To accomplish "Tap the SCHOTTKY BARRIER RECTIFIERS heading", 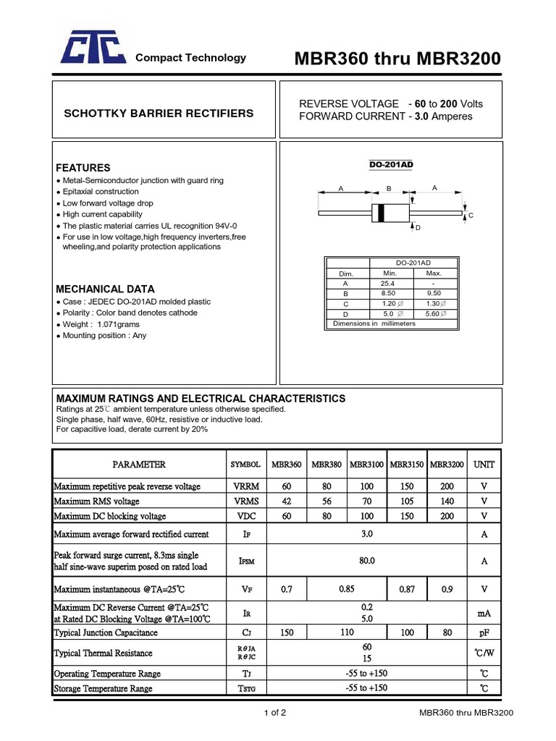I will [159, 114].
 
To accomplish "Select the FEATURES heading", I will [83, 167].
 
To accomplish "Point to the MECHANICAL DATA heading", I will [105, 289].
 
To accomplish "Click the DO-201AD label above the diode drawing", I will [391, 165].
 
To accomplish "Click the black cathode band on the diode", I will [377, 213].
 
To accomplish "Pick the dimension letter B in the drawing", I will [388, 188].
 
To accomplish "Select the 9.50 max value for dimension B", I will [434, 294].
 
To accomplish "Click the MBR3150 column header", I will [407, 465].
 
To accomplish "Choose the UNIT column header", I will [484, 465].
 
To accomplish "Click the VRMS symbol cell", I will [245, 501].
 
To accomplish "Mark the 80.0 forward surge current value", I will [367, 560].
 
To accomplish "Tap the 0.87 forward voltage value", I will [407, 590].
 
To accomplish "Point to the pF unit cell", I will [484, 632].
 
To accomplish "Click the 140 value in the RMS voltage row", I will [447, 501].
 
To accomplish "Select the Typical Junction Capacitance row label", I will [106, 632].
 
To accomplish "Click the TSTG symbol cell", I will [245, 689].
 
